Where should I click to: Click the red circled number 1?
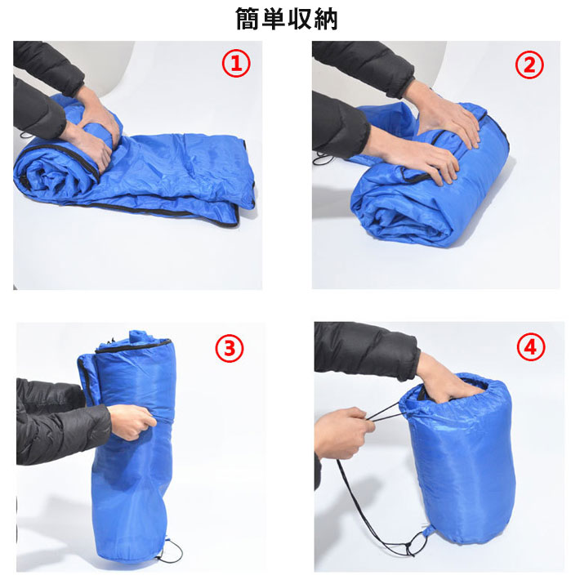pos(236,64)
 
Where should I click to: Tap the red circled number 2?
pos(529,65)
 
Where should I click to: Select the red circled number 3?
pos(230,349)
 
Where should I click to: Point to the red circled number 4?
pos(531,347)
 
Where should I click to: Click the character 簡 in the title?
pos(248,19)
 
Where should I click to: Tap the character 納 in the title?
pos(326,19)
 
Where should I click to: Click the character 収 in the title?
pos(300,19)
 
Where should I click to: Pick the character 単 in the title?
pos(274,19)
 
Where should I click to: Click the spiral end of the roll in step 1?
pos(48,174)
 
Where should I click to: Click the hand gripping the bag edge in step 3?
pos(132,422)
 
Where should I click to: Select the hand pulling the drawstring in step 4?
pos(344,433)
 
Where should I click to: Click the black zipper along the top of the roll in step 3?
pos(133,346)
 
